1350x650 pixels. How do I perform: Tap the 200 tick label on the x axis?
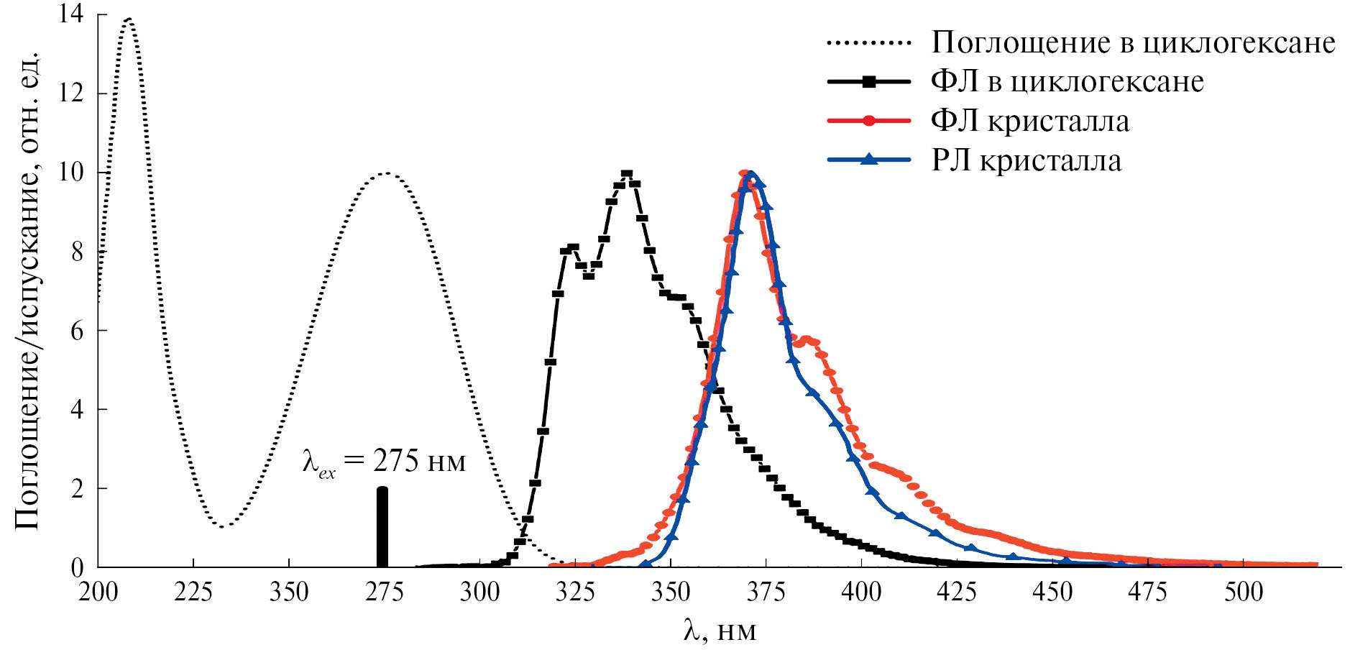98,592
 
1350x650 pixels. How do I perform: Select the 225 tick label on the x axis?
193,592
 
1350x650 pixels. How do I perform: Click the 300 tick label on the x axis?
479,592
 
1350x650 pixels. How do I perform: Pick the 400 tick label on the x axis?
861,592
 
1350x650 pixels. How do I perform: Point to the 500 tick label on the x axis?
1243,592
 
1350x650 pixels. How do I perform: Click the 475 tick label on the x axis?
1147,592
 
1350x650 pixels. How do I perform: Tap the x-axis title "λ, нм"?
720,631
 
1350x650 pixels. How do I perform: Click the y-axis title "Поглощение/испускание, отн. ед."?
27,290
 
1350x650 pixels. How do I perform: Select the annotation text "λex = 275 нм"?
384,461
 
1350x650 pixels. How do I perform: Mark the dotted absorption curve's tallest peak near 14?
129,19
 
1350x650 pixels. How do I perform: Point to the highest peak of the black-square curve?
627,174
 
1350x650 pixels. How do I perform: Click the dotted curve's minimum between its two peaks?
223,526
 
